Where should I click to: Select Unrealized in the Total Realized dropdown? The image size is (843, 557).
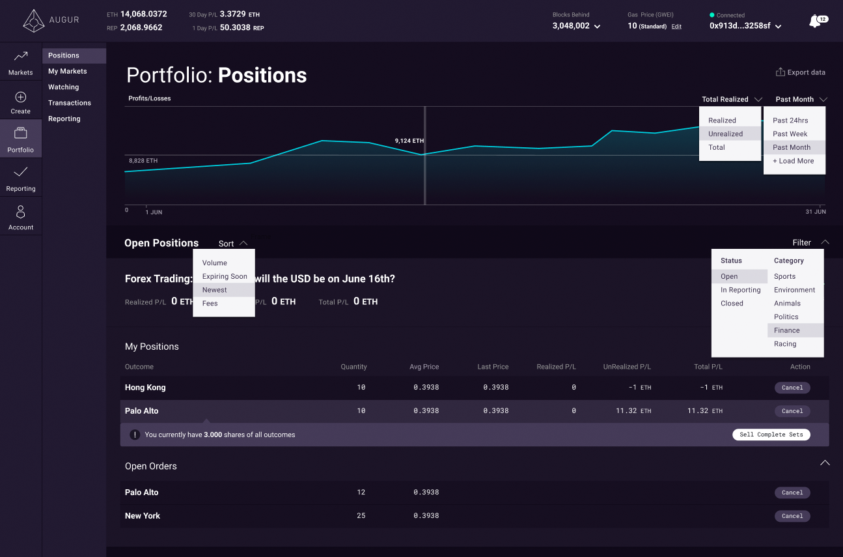tap(725, 134)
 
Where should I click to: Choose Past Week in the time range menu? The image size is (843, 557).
tap(790, 134)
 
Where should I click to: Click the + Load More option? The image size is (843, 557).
tap(793, 161)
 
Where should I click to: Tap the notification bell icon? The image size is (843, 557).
tap(814, 21)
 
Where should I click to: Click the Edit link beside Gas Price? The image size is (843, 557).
tap(676, 27)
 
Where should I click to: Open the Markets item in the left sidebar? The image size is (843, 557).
tap(21, 63)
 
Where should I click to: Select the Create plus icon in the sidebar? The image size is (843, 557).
tap(21, 98)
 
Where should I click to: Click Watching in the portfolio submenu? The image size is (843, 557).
tap(64, 87)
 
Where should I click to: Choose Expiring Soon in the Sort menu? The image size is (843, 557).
tap(225, 276)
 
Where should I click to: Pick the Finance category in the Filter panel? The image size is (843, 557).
tap(786, 330)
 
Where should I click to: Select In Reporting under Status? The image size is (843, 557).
tap(740, 290)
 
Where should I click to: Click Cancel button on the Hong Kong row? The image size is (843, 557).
tap(792, 388)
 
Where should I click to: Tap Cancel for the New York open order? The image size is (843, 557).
tap(792, 516)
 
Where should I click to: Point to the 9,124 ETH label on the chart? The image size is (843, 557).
tap(409, 141)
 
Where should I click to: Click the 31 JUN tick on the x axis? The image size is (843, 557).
tap(815, 212)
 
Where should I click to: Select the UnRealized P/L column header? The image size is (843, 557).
tap(626, 367)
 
